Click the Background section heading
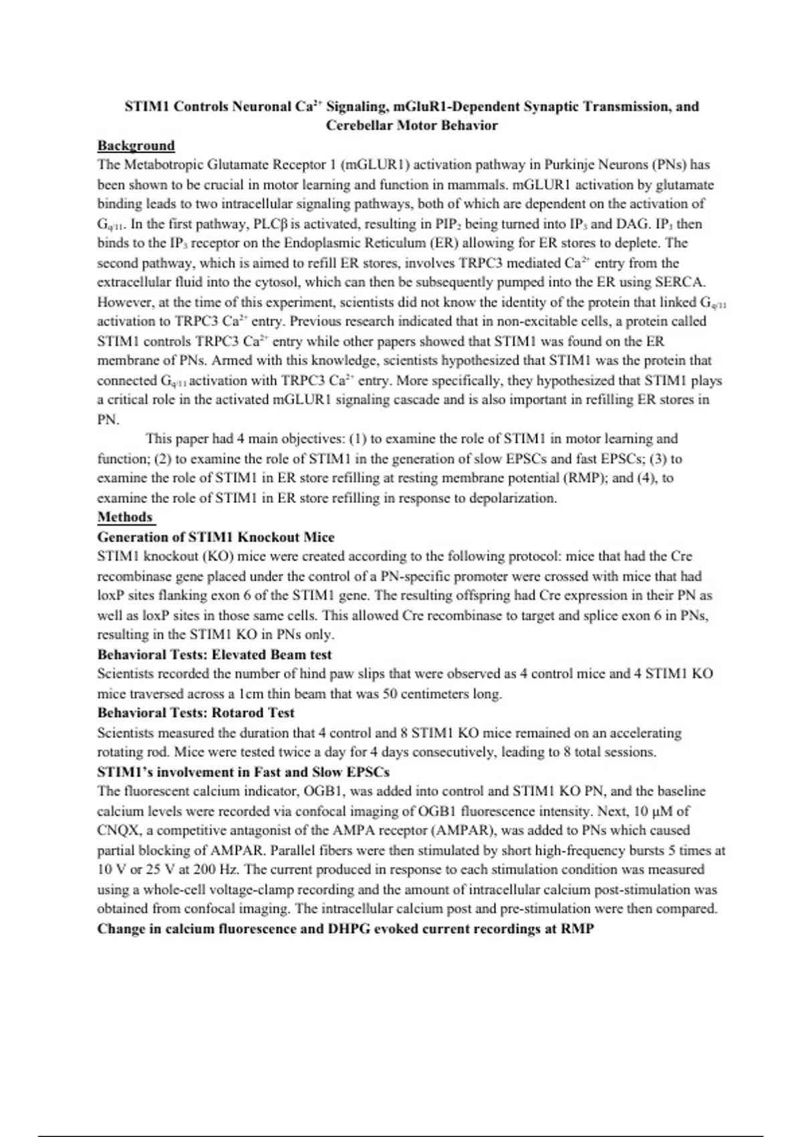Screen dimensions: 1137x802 [x=136, y=146]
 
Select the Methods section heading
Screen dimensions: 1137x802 [x=125, y=517]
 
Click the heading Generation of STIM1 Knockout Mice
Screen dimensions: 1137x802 [x=216, y=537]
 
